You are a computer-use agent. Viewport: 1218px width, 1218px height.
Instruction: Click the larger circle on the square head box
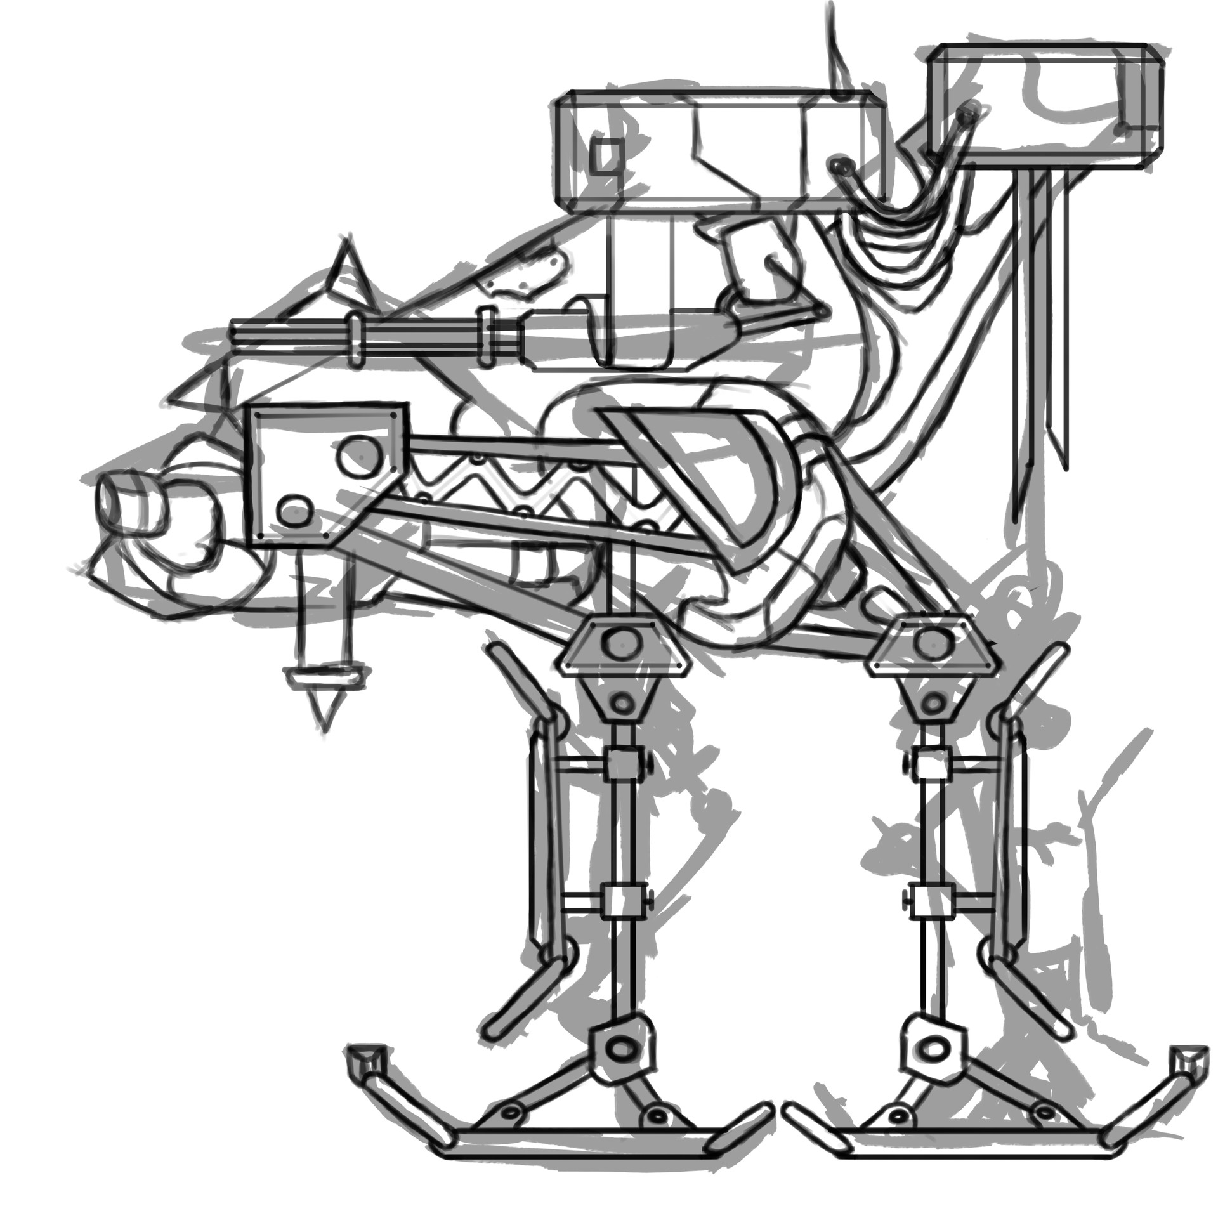tap(359, 455)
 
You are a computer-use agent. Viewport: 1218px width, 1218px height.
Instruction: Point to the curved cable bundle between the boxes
tap(901, 241)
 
